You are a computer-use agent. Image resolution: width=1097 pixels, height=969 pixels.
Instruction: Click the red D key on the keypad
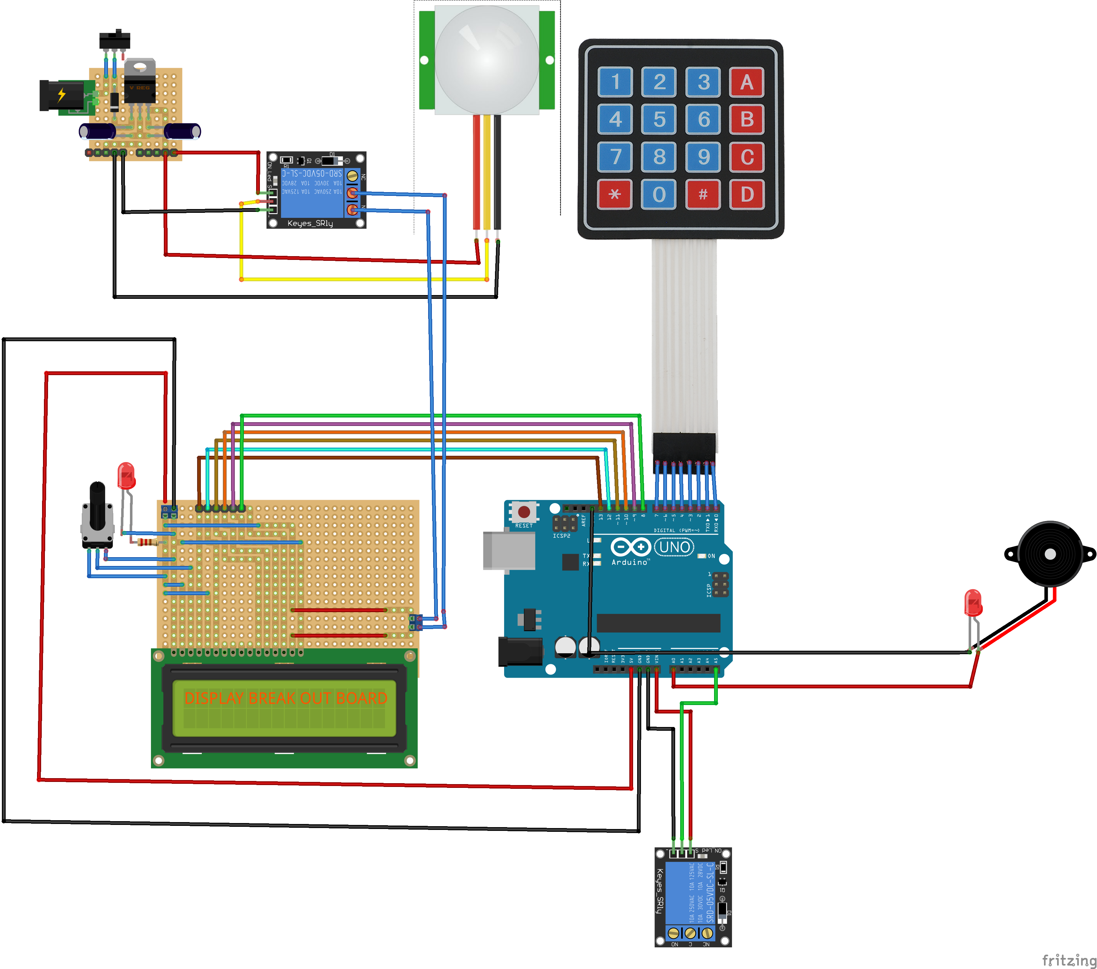click(x=746, y=194)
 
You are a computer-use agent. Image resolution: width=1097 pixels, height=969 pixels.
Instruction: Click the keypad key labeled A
click(x=746, y=82)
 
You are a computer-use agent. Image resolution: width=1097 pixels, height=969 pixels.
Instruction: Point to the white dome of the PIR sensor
click(x=487, y=59)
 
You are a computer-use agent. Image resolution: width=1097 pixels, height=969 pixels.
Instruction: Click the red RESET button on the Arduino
click(x=524, y=512)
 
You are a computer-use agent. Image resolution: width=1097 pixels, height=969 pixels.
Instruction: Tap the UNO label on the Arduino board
click(x=674, y=547)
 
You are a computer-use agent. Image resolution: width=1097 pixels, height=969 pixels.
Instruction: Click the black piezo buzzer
click(x=1049, y=553)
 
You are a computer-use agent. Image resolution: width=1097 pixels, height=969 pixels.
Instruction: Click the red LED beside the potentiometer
click(x=126, y=475)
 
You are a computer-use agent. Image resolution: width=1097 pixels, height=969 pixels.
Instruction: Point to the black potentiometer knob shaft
click(x=97, y=505)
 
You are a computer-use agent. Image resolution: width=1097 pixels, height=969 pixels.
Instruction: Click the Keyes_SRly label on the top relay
click(x=310, y=223)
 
